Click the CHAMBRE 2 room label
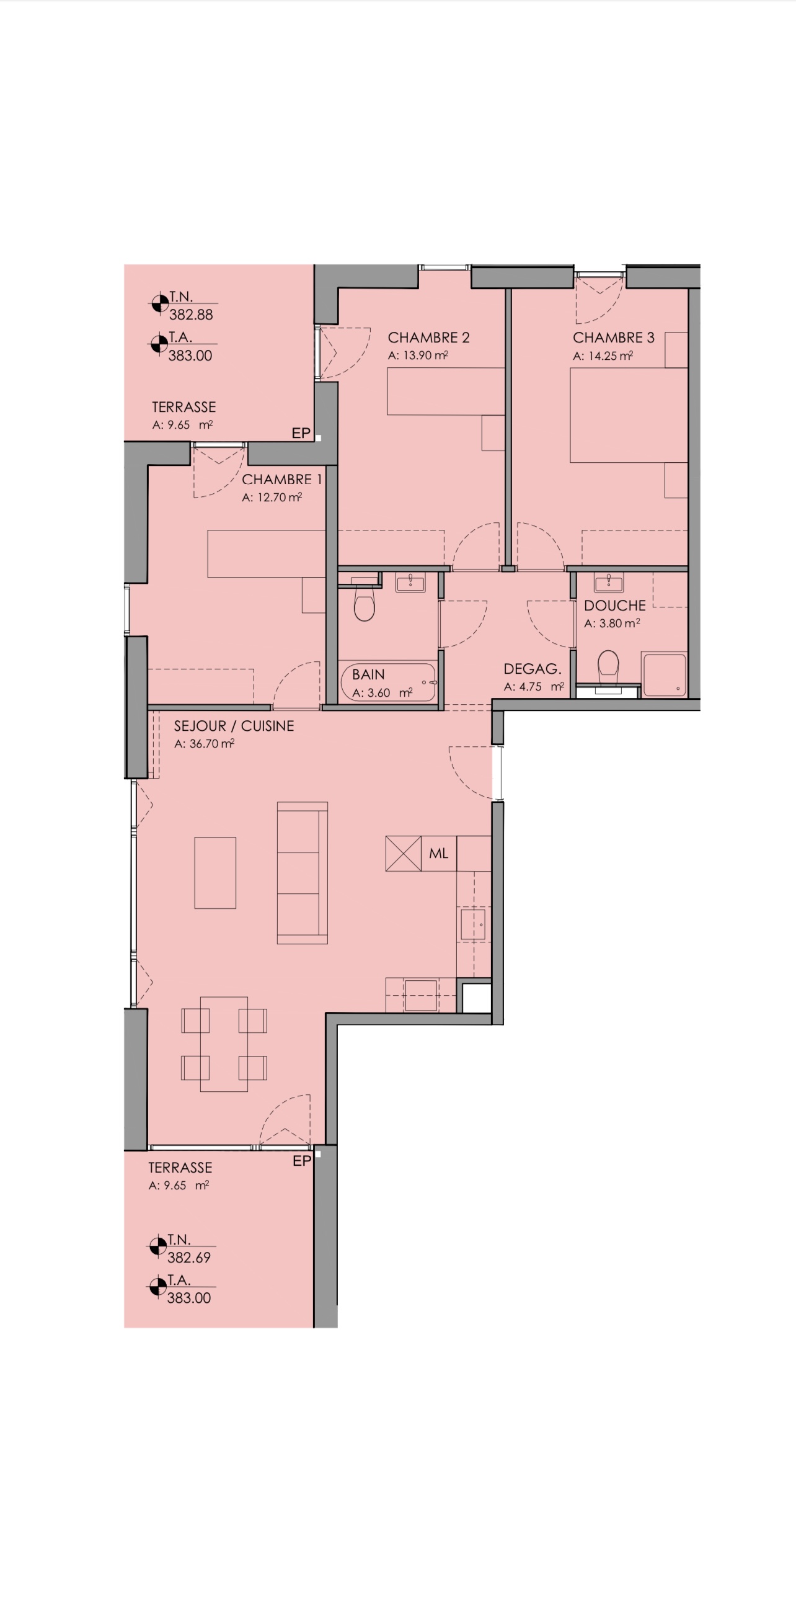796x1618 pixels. (429, 338)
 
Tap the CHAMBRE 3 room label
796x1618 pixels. (613, 338)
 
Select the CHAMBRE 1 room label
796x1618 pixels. (282, 480)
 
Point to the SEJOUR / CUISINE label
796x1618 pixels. (234, 726)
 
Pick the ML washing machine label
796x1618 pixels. (439, 854)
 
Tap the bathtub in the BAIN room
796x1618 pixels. (389, 682)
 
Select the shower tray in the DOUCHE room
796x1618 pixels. (663, 674)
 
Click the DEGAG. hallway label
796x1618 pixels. (533, 669)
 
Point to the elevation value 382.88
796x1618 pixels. (191, 315)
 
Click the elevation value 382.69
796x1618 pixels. (189, 1258)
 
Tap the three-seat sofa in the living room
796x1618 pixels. (303, 873)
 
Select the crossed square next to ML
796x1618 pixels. (403, 854)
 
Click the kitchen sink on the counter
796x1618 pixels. (473, 924)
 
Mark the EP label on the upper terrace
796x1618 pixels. (301, 434)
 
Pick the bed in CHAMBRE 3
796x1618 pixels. (629, 415)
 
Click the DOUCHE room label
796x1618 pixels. (614, 606)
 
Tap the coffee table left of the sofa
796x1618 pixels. (215, 873)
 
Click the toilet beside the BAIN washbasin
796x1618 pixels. (364, 603)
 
